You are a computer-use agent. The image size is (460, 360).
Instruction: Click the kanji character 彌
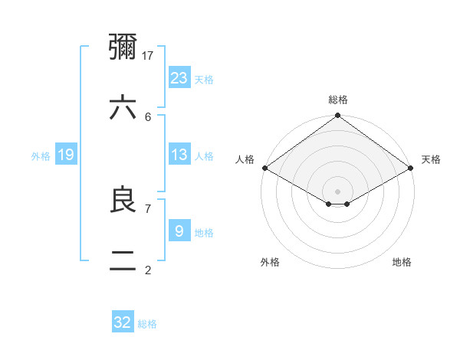coord(123,47)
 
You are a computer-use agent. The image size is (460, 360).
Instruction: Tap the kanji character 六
coord(123,108)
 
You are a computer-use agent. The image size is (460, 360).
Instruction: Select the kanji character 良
coord(123,200)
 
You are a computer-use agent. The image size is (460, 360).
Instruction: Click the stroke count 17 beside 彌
coord(149,55)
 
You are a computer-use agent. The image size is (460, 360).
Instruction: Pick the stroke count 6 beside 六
coord(148,116)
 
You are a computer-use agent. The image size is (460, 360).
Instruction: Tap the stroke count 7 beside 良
coord(148,208)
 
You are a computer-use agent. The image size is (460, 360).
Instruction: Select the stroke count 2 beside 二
coord(148,270)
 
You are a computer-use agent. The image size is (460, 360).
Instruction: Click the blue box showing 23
coord(179,77)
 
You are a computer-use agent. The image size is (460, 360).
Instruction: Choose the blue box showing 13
coord(179,155)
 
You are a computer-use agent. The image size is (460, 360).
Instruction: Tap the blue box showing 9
coord(179,231)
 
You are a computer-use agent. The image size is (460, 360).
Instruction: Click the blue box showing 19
coord(66,155)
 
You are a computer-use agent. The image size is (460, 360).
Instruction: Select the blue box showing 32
coord(123,322)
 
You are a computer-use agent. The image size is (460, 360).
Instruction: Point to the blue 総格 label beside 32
coord(147,324)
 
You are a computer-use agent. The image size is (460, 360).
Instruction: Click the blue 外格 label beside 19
coord(41,156)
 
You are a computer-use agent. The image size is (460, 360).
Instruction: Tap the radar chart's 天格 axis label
coord(431,159)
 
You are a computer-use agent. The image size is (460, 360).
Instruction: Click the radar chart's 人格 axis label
coord(245,159)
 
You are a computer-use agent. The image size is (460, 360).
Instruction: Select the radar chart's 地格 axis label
coord(402,262)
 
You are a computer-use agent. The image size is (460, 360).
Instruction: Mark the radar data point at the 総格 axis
coord(337,116)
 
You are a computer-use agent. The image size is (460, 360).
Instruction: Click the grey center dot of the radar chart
coord(337,191)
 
